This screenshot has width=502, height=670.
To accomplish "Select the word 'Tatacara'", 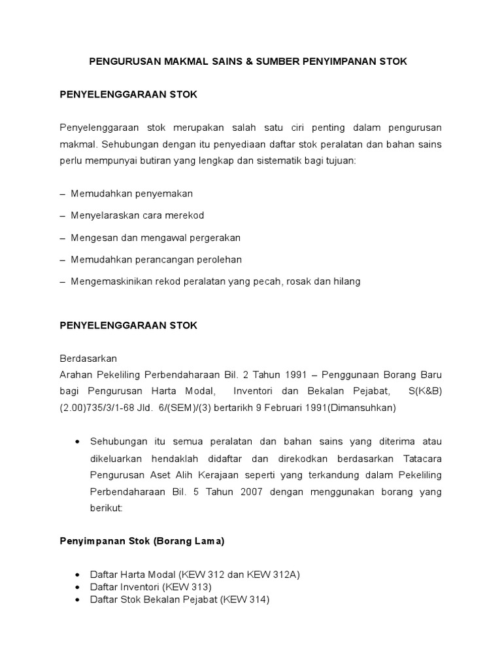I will pos(422,459).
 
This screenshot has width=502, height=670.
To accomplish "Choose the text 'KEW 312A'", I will pos(275,574).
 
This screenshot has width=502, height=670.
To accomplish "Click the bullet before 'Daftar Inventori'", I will pos(78,587).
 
